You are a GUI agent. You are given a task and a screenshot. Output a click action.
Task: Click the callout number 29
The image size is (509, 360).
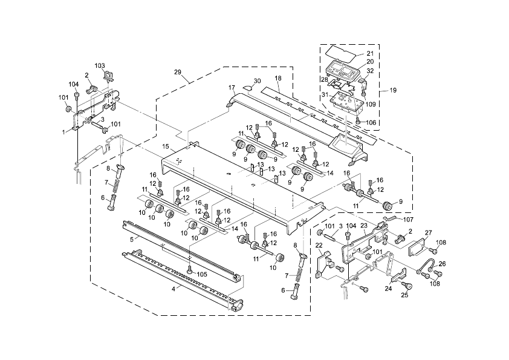pyautogui.click(x=178, y=72)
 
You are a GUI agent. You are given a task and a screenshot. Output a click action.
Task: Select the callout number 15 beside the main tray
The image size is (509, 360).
pyautogui.click(x=166, y=147)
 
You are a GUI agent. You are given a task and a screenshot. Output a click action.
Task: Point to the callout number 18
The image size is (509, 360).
pyautogui.click(x=278, y=79)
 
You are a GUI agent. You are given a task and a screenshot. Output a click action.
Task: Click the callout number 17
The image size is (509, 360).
pyautogui.click(x=232, y=88)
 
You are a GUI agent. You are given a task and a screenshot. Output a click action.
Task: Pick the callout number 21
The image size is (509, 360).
pyautogui.click(x=370, y=53)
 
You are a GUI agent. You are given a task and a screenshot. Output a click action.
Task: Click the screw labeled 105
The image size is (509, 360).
pyautogui.click(x=190, y=268)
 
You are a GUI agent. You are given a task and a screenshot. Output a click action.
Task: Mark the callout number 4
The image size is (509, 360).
pyautogui.click(x=173, y=289)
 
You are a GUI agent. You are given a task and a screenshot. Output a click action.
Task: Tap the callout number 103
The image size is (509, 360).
pyautogui.click(x=100, y=65)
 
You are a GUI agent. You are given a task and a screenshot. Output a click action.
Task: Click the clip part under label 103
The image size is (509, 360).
pyautogui.click(x=109, y=76)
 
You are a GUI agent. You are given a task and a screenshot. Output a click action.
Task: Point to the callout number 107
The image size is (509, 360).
pyautogui.click(x=409, y=219)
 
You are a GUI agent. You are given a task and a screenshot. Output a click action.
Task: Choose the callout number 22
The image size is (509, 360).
pyautogui.click(x=319, y=245)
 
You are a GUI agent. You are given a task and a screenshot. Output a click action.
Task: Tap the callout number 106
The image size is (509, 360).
pyautogui.click(x=371, y=122)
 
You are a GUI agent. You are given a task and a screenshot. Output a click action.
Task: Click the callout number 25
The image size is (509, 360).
pyautogui.click(x=404, y=295)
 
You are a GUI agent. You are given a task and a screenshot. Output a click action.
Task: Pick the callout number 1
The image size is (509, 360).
pyautogui.click(x=63, y=131)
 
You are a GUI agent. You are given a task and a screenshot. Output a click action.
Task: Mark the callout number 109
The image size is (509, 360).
pyautogui.click(x=371, y=104)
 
